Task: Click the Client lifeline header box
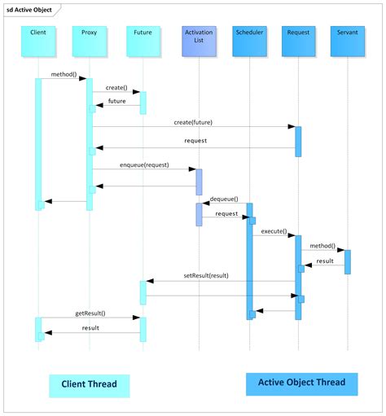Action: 37,42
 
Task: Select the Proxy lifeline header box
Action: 90,42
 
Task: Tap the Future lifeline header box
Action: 143,42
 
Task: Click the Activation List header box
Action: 199,42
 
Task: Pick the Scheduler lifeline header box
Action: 248,42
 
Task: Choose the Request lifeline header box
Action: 298,42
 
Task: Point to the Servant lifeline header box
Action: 348,42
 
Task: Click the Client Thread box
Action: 90,383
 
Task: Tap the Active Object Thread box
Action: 301,382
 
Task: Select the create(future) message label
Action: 193,121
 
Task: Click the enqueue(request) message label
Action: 144,164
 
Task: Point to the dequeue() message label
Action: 223,198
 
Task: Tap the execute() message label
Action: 273,231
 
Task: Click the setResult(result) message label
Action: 206,276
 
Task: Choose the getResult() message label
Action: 90,313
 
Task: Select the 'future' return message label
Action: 117,101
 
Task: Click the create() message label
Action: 116,87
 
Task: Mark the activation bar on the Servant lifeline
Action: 348,261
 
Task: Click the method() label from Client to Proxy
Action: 64,74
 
